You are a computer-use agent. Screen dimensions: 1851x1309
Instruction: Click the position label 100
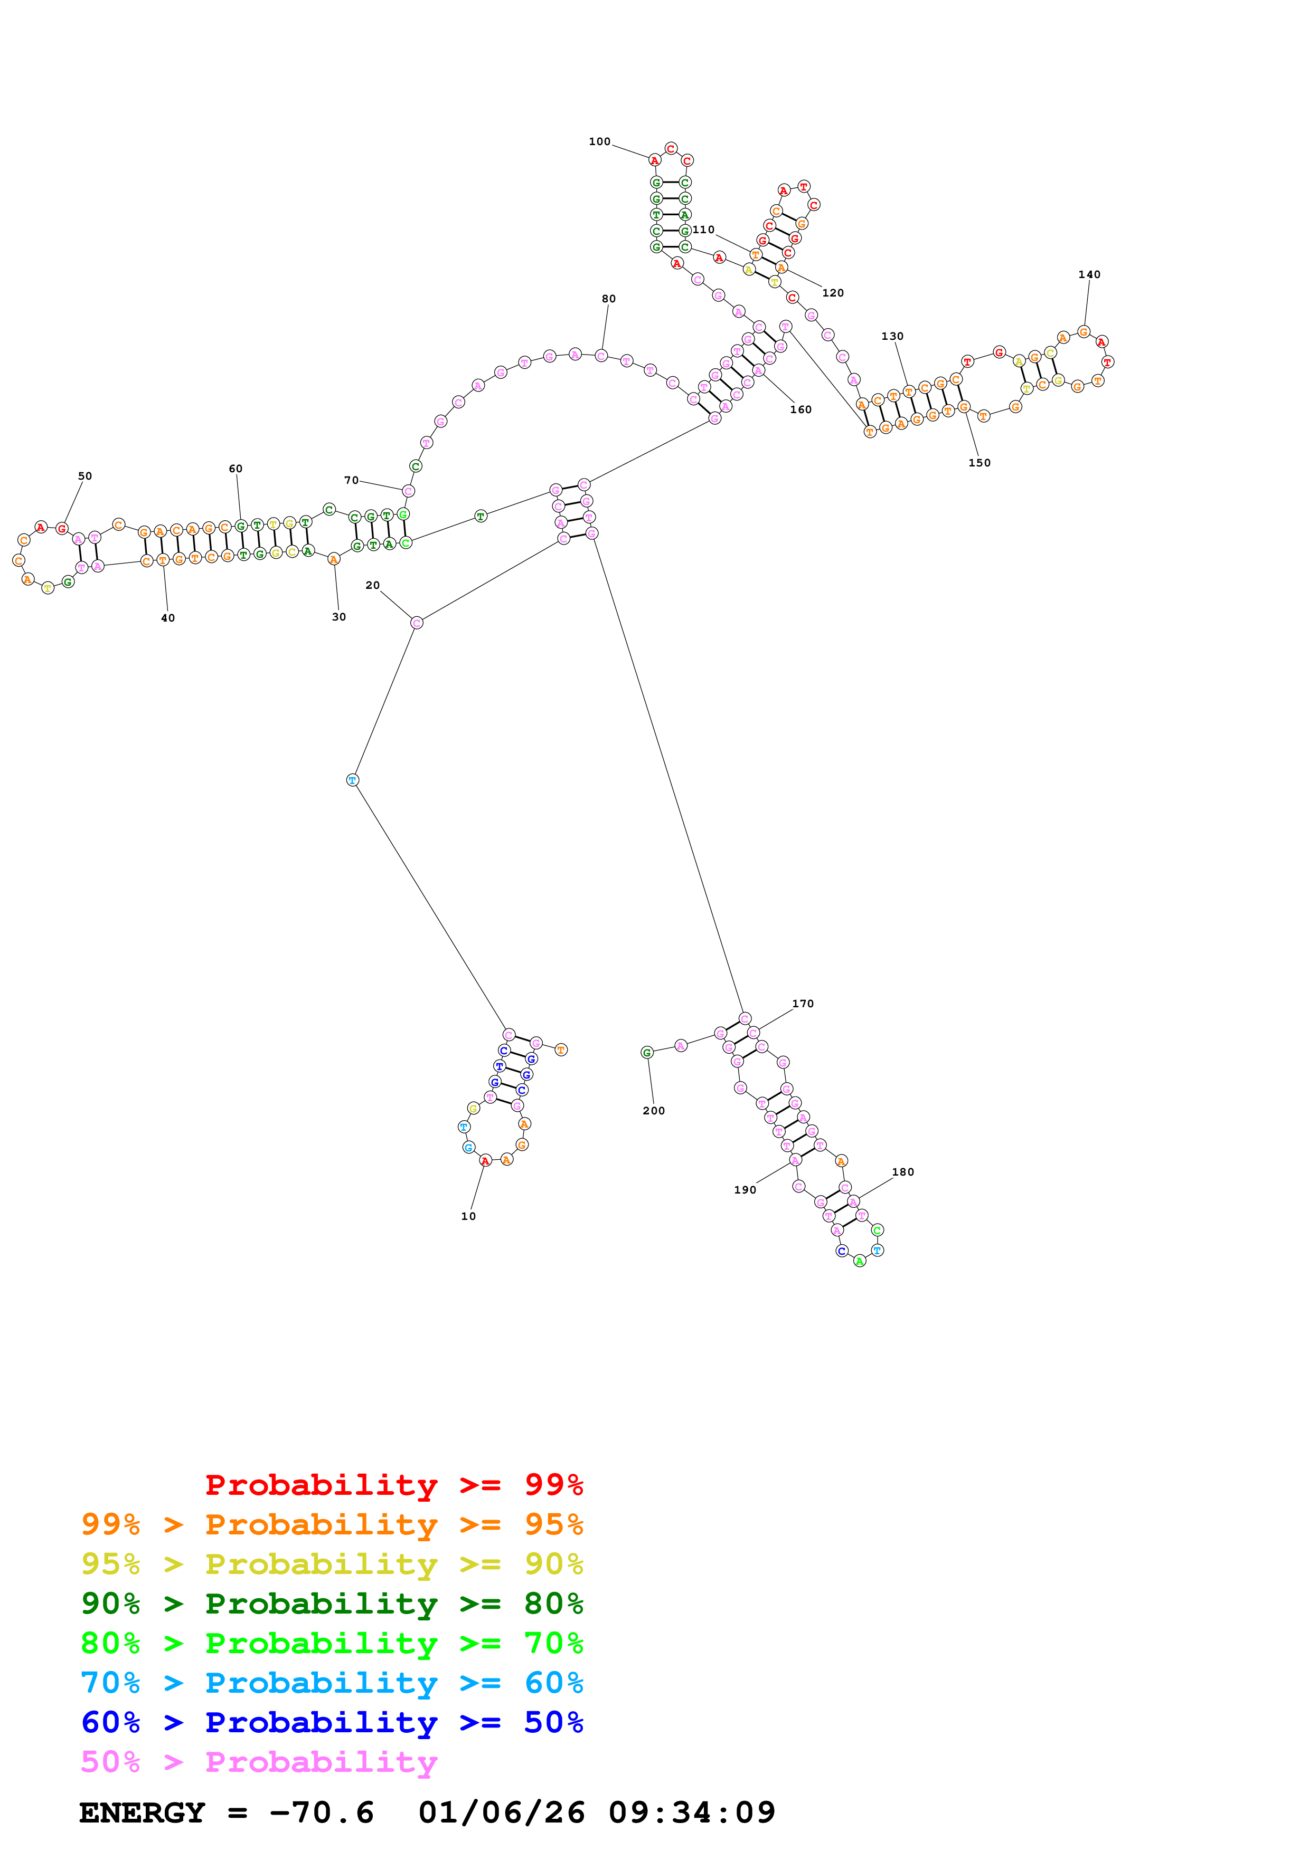click(599, 142)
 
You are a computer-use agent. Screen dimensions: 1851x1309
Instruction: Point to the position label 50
click(84, 476)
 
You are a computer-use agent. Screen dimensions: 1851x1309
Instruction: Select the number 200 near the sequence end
click(653, 1111)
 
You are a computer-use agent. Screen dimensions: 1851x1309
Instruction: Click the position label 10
click(468, 1217)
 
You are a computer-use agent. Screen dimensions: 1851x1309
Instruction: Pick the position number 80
click(608, 299)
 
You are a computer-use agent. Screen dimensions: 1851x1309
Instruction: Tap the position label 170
click(803, 1004)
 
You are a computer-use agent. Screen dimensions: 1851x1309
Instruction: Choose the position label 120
click(832, 293)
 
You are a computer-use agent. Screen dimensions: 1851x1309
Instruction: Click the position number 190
click(745, 1190)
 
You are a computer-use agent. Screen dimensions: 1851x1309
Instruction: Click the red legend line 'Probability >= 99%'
click(393, 1484)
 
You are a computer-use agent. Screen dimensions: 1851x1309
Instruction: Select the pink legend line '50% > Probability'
click(259, 1761)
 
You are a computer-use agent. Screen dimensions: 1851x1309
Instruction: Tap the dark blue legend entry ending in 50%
click(332, 1722)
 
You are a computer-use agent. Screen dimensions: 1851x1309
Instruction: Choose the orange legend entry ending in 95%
click(332, 1524)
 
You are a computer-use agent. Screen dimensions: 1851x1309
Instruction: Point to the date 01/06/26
click(501, 1812)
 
